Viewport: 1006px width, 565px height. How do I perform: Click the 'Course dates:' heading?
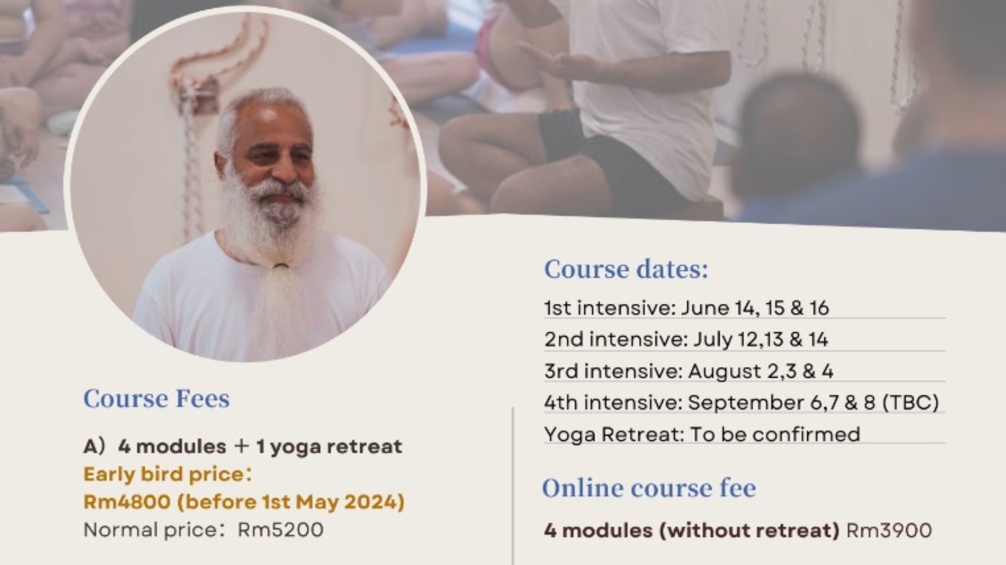tap(626, 269)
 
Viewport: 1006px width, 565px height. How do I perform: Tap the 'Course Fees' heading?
tap(156, 398)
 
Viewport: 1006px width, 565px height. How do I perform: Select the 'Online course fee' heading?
tap(648, 488)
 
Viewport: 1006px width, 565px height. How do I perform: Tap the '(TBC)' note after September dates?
tap(910, 403)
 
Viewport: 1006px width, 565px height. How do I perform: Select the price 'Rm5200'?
tap(281, 530)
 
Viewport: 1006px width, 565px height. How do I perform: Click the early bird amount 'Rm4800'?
tap(127, 502)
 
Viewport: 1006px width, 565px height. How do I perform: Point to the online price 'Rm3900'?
tap(889, 530)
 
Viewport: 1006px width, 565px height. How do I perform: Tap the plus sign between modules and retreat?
tap(241, 446)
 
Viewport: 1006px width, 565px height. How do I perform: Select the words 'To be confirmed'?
tap(775, 434)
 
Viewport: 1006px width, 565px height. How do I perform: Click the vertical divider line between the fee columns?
tap(513, 483)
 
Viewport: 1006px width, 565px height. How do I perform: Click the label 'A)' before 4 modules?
tap(94, 446)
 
